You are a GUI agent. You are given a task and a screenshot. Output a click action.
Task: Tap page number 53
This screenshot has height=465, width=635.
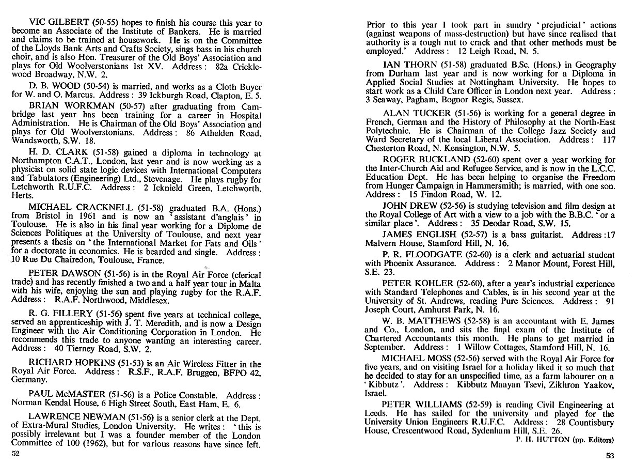coord(610,456)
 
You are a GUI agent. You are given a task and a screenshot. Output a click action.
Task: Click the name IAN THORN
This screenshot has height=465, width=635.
coord(411,65)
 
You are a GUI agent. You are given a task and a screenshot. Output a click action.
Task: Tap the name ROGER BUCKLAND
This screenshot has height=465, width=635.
coord(426,160)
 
